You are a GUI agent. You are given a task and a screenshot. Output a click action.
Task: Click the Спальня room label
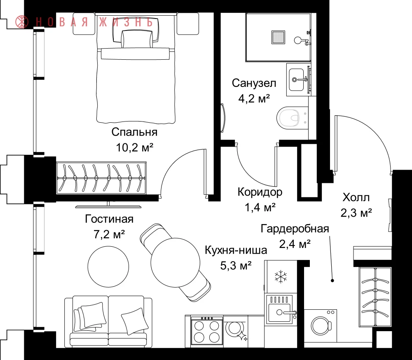(134, 132)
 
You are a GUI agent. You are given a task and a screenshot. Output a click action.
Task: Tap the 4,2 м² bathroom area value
(254, 99)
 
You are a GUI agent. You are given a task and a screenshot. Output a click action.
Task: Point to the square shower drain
(278, 37)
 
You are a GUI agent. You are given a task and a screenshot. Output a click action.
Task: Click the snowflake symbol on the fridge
(281, 276)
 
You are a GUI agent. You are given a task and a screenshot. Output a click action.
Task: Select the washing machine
(320, 326)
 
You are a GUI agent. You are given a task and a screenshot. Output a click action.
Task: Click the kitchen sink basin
(279, 313)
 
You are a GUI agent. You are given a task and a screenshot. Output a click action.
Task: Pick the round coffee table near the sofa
(108, 267)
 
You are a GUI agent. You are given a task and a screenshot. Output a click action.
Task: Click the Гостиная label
(109, 219)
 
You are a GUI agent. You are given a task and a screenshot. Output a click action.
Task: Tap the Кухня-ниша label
(236, 250)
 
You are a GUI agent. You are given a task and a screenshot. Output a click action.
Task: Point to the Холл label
(356, 197)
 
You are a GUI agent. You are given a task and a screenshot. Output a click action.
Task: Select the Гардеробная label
(295, 229)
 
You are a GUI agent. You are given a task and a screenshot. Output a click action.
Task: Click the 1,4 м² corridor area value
(260, 208)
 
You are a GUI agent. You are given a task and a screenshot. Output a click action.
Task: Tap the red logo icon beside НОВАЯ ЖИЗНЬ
(22, 22)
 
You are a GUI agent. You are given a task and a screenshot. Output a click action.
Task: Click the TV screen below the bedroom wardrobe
(108, 206)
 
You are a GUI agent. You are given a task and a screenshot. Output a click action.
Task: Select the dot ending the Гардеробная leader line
(332, 281)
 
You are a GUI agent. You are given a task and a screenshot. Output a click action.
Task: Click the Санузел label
(254, 83)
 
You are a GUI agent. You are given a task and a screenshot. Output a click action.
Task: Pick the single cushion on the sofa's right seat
(133, 321)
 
